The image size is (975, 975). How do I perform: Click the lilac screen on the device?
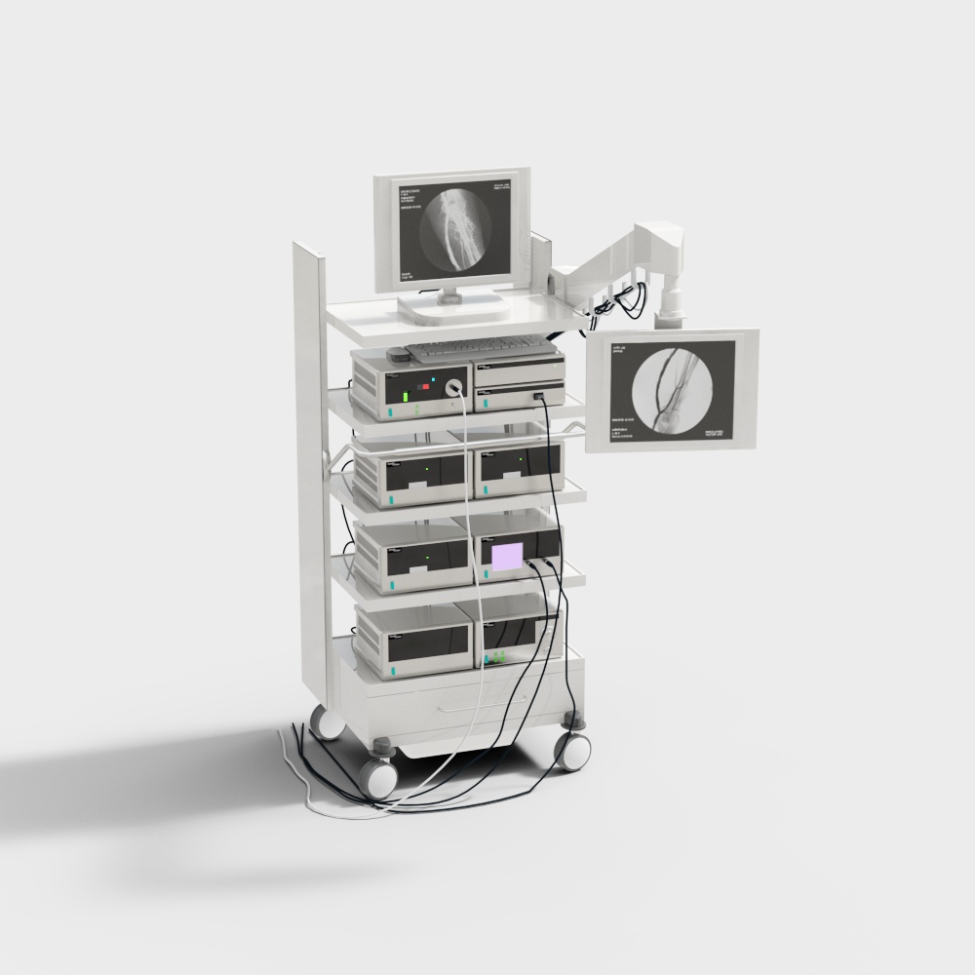point(507,557)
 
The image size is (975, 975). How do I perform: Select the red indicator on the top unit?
point(426,387)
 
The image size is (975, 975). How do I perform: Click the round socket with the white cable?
point(453,388)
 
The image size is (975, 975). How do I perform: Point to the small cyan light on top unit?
point(433,376)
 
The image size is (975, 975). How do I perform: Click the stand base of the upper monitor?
point(452,309)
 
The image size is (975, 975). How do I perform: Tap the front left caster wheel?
point(377,777)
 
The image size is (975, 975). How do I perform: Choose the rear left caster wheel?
point(326,723)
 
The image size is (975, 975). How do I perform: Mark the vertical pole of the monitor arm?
point(670,295)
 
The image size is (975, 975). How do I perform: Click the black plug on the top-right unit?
point(538,396)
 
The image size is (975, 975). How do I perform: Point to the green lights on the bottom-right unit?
point(498,656)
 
